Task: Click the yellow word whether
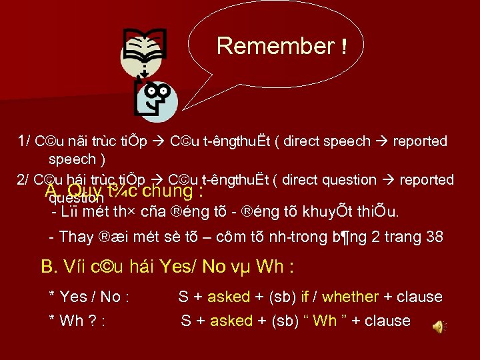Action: pos(350,297)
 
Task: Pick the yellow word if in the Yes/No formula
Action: pos(305,297)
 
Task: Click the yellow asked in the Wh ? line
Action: pos(231,321)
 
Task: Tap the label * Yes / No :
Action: pos(89,297)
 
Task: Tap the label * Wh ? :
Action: pos(78,321)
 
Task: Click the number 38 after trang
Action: pos(434,237)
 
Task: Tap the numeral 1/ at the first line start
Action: pos(24,141)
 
